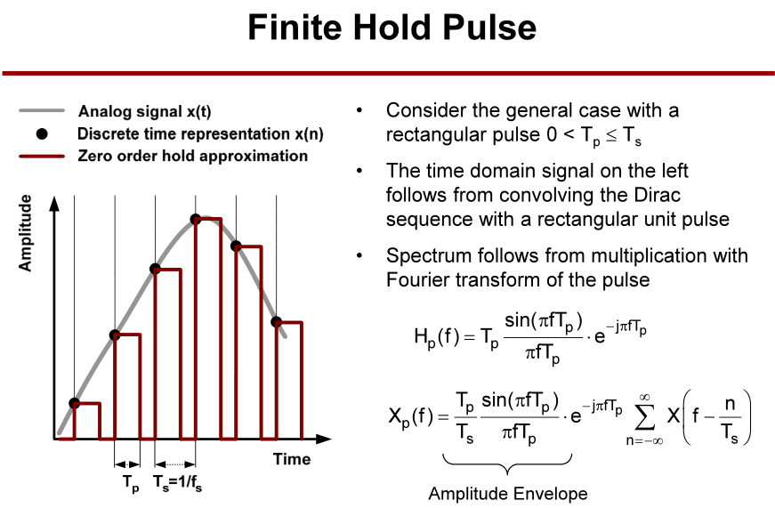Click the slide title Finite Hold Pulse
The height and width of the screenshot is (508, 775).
[392, 28]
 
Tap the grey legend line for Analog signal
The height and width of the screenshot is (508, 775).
[42, 110]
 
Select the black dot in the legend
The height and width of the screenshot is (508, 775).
[42, 133]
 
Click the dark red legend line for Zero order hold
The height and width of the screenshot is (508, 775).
[42, 157]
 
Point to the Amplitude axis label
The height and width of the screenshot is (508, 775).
[25, 233]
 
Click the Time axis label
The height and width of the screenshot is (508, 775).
[292, 459]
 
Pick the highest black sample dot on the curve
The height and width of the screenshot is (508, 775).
[196, 219]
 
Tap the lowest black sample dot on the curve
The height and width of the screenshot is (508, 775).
[74, 403]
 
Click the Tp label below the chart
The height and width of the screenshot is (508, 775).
[131, 483]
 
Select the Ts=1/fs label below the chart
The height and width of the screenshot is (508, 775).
[177, 483]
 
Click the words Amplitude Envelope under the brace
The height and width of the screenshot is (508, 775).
[507, 493]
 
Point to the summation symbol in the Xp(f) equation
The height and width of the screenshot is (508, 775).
[644, 417]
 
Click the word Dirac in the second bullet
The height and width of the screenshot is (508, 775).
[658, 195]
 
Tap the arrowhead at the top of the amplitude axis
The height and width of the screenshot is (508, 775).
[54, 203]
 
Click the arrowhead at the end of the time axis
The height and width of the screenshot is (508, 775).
[324, 439]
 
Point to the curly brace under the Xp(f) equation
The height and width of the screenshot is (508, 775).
[507, 463]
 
